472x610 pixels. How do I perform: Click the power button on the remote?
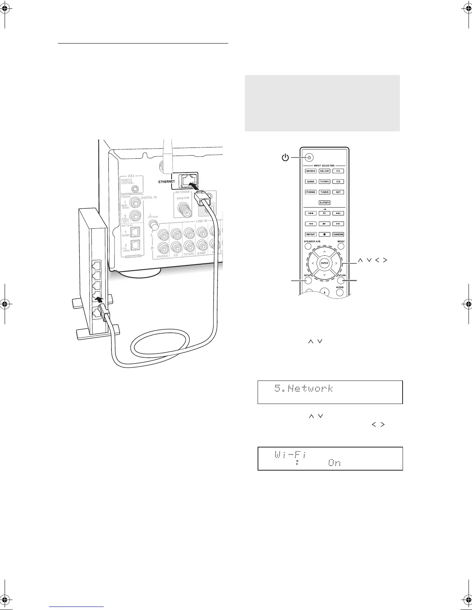[x=310, y=158]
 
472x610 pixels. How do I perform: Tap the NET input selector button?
[x=338, y=192]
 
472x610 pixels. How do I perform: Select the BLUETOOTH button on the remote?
[x=324, y=203]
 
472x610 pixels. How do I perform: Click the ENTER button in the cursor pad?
[x=324, y=263]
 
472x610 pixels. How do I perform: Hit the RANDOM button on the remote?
[x=338, y=234]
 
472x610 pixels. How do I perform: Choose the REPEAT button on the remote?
[x=310, y=234]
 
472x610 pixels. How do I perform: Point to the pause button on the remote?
[x=324, y=213]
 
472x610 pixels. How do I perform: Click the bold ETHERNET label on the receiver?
[x=167, y=181]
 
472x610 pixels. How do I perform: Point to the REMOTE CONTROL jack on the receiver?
[x=135, y=189]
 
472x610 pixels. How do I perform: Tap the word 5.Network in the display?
[x=303, y=388]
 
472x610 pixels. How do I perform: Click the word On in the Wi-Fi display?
[x=334, y=463]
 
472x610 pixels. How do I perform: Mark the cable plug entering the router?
[x=103, y=310]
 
